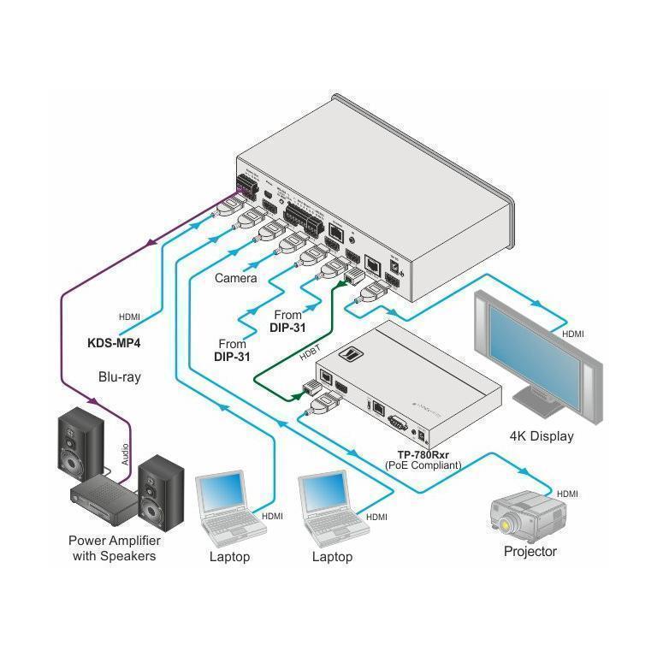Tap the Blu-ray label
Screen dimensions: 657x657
pyautogui.click(x=119, y=376)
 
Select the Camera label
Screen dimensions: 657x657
pyautogui.click(x=235, y=278)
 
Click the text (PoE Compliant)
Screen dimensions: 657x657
pyautogui.click(x=424, y=465)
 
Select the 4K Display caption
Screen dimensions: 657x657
pyautogui.click(x=541, y=436)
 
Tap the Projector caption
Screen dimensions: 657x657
pyautogui.click(x=530, y=552)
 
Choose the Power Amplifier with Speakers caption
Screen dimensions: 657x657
pyautogui.click(x=115, y=548)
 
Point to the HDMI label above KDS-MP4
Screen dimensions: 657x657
pyautogui.click(x=128, y=317)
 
